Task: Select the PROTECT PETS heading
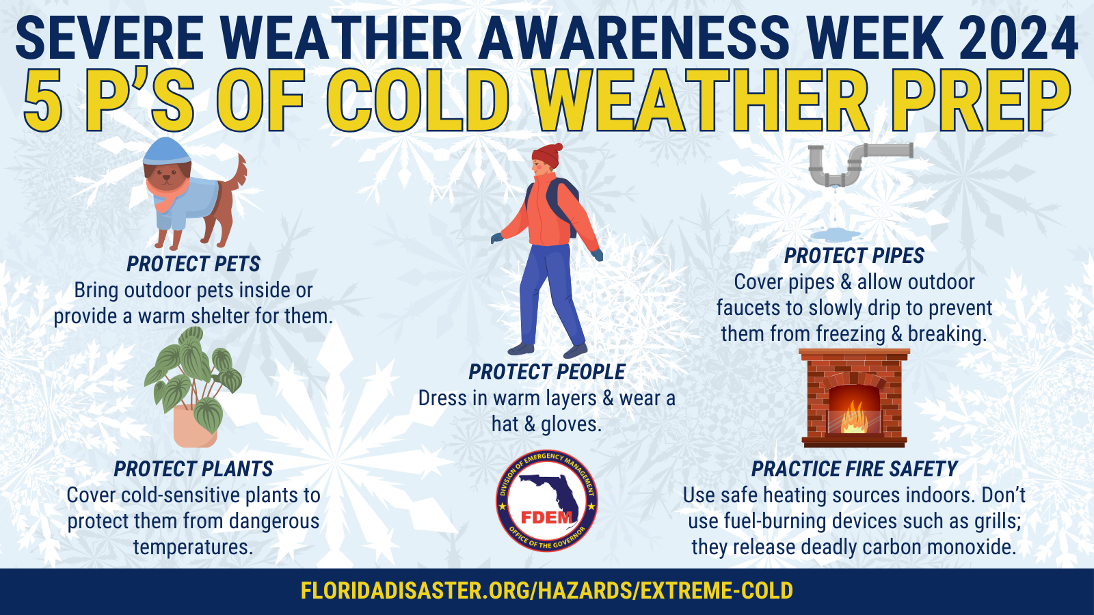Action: click(194, 264)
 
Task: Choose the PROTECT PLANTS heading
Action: click(194, 469)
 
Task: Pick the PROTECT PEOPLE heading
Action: click(547, 372)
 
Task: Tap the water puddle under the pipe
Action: click(836, 235)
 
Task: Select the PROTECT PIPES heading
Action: click(854, 256)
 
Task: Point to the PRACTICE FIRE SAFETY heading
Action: click(854, 469)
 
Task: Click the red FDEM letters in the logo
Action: click(546, 517)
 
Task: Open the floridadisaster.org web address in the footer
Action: click(547, 590)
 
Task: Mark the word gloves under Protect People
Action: click(570, 424)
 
